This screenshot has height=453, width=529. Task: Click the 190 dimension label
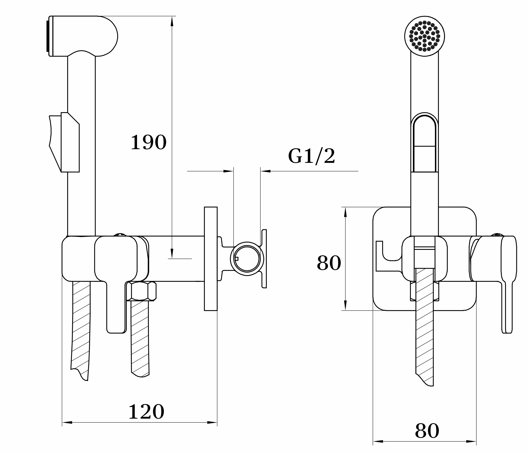[149, 143]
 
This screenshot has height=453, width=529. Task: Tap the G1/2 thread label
[311, 156]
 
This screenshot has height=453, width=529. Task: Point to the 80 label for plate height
[329, 263]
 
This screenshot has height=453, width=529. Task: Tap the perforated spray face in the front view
[425, 36]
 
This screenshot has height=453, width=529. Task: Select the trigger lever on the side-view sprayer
[64, 142]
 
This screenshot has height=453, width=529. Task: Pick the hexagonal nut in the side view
[141, 291]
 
